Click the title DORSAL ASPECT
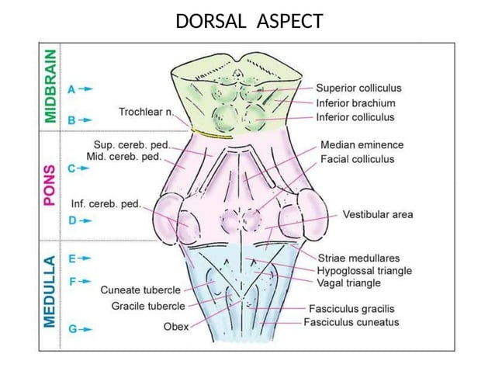(x=248, y=21)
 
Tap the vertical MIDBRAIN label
(x=50, y=85)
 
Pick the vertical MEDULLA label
(x=50, y=291)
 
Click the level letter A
(x=72, y=89)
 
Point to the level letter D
(x=72, y=220)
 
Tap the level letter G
(x=72, y=328)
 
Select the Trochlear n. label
(x=147, y=112)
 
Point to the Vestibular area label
(x=378, y=214)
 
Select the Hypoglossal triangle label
(x=365, y=270)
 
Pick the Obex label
(x=175, y=326)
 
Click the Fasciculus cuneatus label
(x=351, y=321)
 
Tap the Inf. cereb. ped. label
(x=106, y=204)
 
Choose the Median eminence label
(x=362, y=144)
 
